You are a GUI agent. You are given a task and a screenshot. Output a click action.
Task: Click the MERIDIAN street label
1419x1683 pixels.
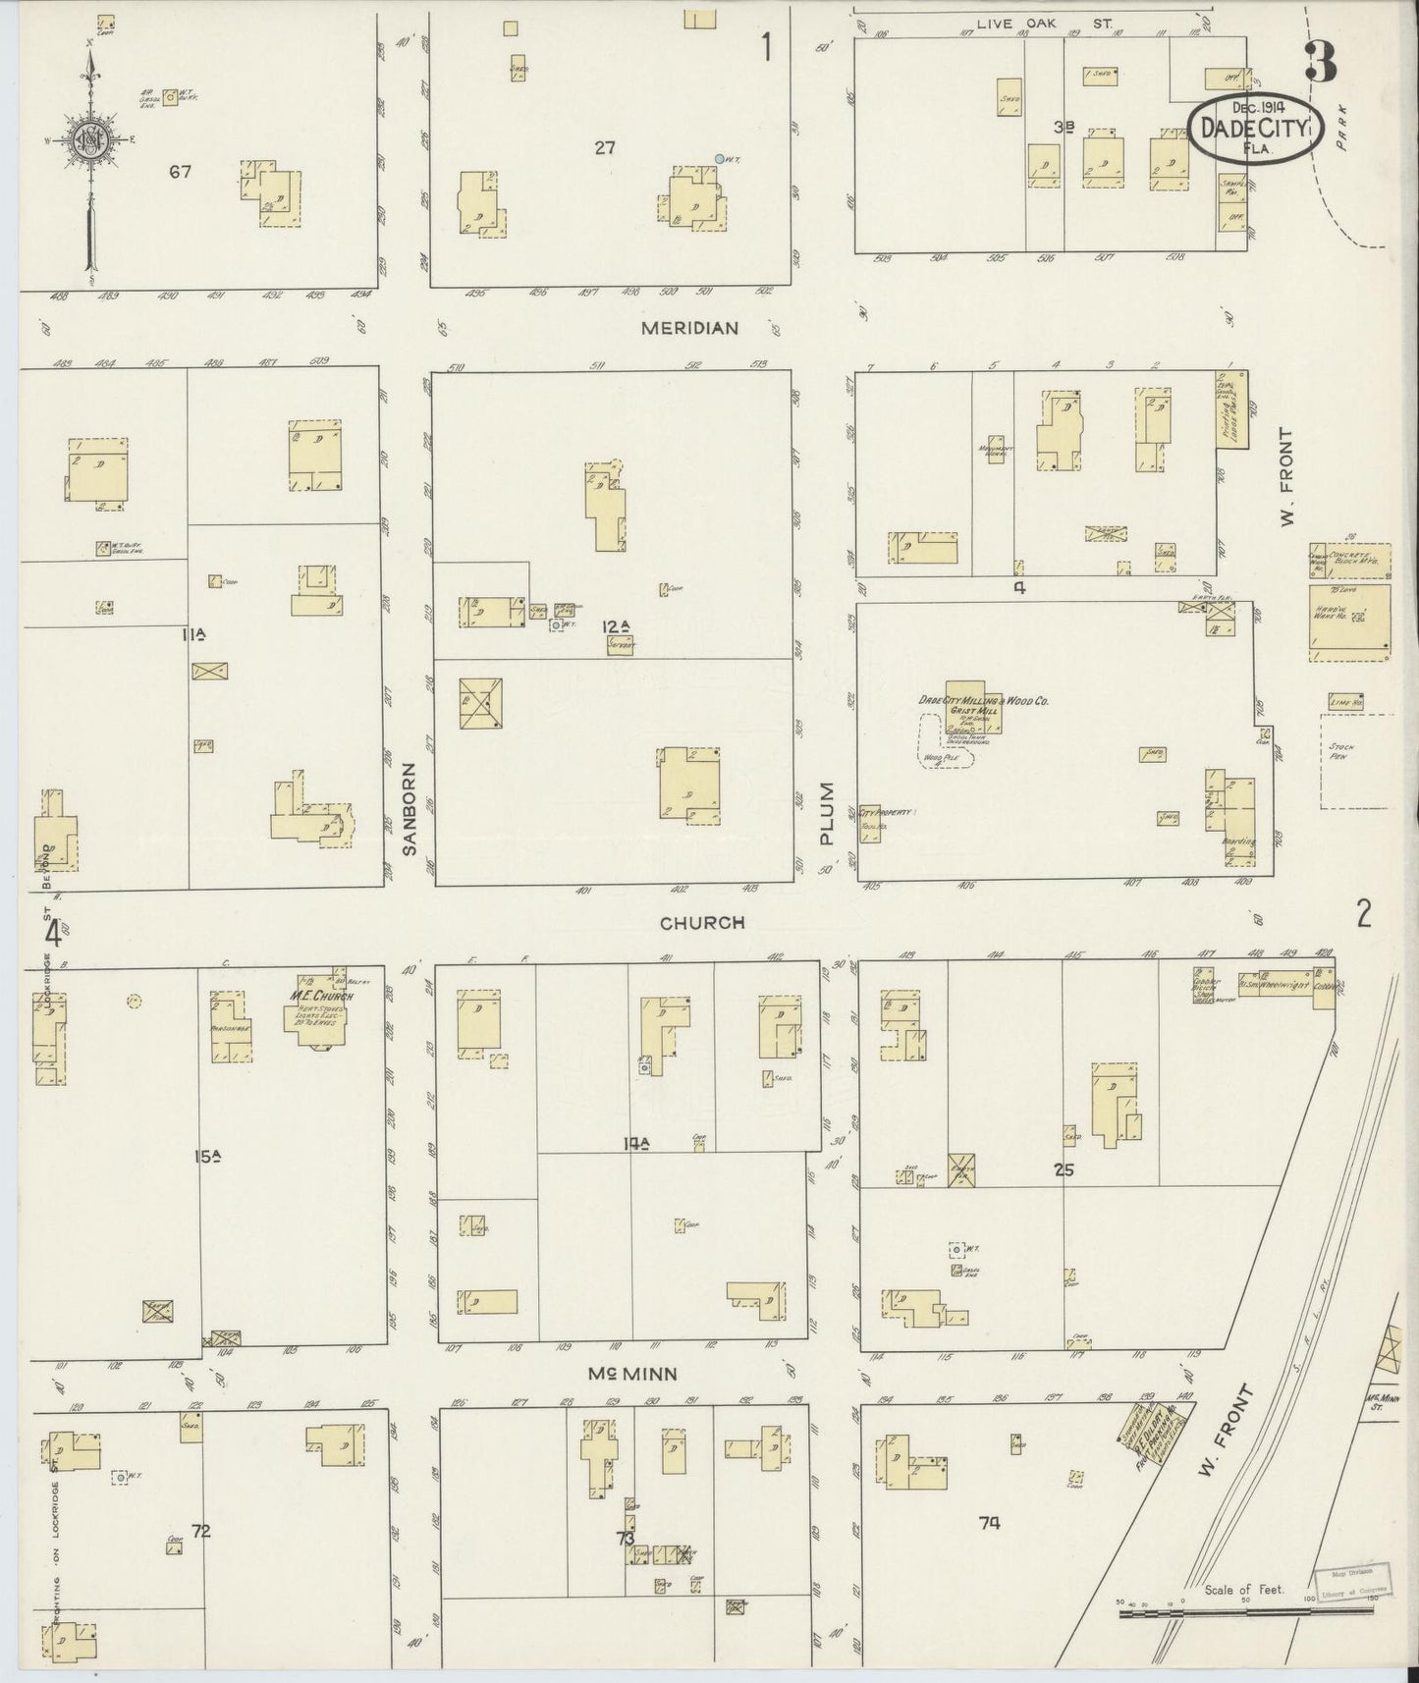click(689, 328)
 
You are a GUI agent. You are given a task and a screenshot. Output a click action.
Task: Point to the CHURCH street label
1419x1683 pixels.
click(701, 923)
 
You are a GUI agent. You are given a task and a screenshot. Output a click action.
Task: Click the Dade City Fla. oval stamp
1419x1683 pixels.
click(1256, 127)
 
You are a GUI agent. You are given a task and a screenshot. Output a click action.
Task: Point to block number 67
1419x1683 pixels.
click(179, 172)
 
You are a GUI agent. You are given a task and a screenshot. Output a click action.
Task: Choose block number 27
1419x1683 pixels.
click(604, 148)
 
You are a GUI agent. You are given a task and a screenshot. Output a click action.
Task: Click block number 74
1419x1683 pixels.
click(989, 1523)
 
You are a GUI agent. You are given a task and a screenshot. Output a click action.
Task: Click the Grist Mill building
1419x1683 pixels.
click(970, 708)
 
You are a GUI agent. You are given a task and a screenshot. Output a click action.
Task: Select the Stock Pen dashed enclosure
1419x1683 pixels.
click(1354, 761)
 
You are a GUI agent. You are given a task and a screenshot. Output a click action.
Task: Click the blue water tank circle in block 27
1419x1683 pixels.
click(720, 158)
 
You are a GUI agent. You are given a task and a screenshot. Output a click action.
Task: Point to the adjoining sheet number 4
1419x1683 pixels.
click(53, 932)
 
